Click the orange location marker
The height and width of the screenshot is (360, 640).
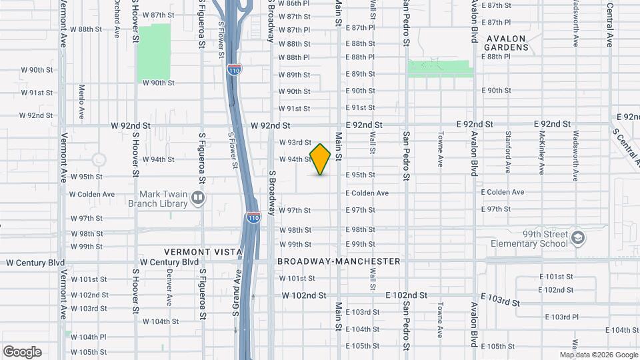[x=321, y=159]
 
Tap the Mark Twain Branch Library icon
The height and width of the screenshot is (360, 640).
[x=198, y=197]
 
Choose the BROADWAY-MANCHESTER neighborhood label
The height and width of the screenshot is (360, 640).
[x=339, y=261]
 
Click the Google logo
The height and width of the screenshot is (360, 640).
[x=22, y=352]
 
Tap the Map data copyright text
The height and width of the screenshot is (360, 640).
[x=598, y=355]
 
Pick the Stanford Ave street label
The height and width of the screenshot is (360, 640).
[x=508, y=153]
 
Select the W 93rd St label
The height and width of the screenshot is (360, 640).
[x=295, y=142]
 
